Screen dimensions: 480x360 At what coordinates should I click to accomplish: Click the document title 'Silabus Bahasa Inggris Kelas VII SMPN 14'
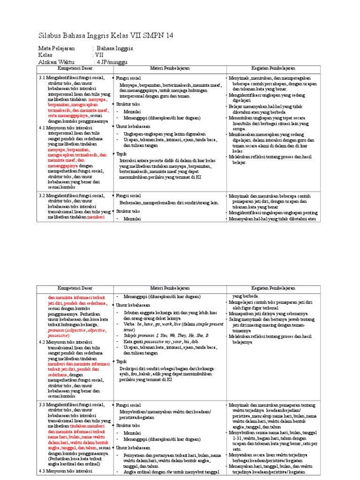[105, 36]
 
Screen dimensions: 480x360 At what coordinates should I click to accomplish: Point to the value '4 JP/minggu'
[112, 61]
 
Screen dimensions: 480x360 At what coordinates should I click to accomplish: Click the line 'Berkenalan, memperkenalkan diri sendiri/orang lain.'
[169, 203]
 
